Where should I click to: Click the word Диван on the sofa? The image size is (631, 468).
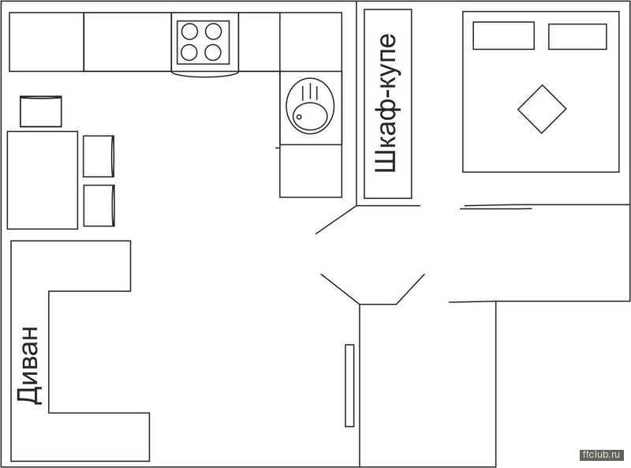tap(29, 365)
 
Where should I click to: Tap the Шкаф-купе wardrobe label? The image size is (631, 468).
tap(386, 103)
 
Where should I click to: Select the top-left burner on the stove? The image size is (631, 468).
tap(189, 32)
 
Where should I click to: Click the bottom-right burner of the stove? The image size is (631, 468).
tap(213, 52)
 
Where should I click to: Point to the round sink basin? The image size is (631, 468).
tap(309, 116)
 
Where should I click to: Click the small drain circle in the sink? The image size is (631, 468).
tap(299, 117)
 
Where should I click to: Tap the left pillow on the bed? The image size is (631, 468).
tap(503, 36)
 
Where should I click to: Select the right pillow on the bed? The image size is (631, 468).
tap(577, 36)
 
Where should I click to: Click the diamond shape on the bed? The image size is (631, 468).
tap(542, 109)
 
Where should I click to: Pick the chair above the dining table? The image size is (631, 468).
tap(41, 111)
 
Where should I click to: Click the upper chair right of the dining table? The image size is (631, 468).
tap(99, 156)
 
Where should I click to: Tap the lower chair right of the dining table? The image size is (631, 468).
tap(99, 205)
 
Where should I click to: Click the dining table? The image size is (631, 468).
tap(43, 180)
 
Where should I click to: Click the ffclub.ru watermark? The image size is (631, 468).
tap(602, 455)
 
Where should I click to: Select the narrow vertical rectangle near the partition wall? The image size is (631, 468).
tap(349, 385)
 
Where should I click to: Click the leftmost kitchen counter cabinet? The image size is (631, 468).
tap(47, 42)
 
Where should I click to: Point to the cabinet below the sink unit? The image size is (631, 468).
tap(311, 171)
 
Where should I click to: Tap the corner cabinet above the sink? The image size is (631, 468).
tap(311, 42)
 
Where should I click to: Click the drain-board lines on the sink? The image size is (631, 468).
tap(310, 91)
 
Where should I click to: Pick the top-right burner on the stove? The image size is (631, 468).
tap(213, 32)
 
